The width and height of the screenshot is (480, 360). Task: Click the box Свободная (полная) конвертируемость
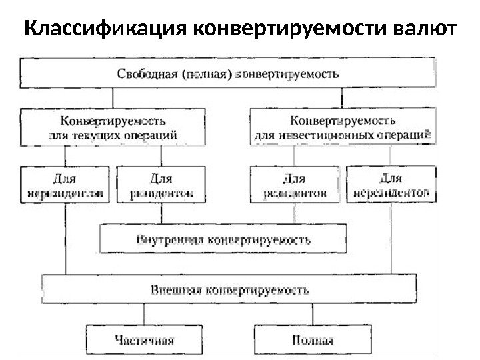[228, 73]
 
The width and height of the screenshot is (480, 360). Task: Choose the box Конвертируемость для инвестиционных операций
[344, 127]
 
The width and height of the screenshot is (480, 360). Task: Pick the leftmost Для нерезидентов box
[65, 185]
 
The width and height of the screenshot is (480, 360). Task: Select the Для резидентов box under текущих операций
[160, 185]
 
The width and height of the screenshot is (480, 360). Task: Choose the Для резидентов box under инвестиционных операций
[294, 185]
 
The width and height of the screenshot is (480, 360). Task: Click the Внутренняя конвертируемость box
[223, 238]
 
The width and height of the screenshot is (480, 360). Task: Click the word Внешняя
[176, 291]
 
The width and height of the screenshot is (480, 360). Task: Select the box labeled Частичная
[143, 339]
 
